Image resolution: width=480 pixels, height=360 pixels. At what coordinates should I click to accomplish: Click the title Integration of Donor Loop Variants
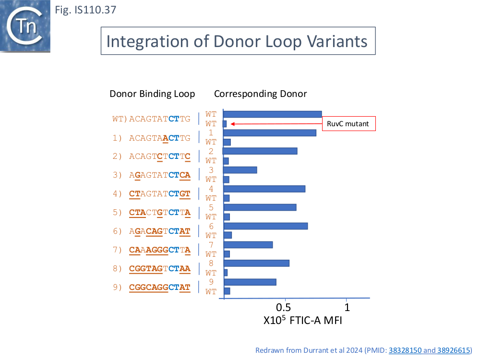pos(237,41)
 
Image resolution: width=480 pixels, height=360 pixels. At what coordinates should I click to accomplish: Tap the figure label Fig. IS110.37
pos(85,10)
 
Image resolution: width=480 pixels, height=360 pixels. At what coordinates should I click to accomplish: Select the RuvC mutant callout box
pos(348,124)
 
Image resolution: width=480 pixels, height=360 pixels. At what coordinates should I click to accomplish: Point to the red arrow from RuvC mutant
pos(274,124)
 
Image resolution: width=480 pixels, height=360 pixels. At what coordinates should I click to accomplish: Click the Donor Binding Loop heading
pos(152,94)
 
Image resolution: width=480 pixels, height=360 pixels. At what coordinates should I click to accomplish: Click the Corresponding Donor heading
pos(260,94)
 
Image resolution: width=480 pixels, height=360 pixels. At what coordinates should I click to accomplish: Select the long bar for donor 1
pos(270,133)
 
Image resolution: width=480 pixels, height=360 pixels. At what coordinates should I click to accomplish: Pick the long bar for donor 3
pos(240,170)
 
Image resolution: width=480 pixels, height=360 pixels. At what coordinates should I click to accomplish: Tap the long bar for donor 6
pos(265,226)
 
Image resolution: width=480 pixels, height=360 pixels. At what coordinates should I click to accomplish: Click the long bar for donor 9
pos(250,282)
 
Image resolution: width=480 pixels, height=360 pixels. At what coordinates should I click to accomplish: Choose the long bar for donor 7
pos(248,245)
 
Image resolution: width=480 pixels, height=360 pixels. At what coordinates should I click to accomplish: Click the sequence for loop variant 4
pos(160,194)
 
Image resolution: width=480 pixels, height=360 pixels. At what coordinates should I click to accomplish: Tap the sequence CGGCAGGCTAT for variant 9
pos(160,288)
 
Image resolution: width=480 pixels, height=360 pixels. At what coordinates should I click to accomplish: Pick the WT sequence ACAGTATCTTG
pos(160,119)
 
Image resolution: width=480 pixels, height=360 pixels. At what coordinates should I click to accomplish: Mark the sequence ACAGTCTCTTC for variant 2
pos(160,156)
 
